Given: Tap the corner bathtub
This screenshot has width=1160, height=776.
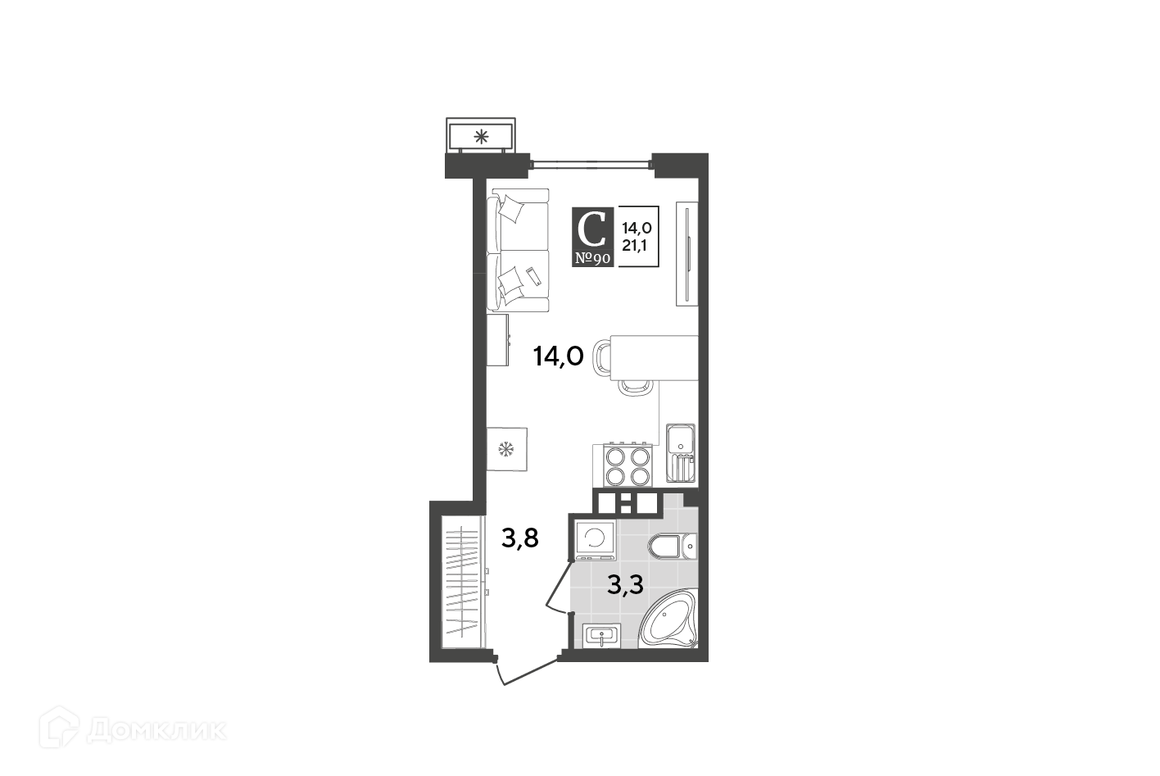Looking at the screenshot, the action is (x=668, y=619).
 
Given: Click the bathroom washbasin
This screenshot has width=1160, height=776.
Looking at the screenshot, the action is (x=601, y=636).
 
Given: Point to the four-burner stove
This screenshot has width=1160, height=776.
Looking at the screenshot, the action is (x=628, y=465).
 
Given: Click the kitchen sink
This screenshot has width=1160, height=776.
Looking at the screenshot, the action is (x=681, y=453).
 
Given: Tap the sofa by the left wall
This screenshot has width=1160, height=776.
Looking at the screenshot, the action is (x=518, y=250).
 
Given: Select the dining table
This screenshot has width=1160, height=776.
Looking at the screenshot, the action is (x=654, y=358).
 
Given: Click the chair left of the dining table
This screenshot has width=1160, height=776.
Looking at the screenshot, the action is (x=601, y=357).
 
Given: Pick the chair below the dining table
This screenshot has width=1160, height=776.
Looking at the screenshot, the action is (x=634, y=388).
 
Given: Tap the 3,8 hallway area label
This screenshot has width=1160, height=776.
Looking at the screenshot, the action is (x=520, y=538).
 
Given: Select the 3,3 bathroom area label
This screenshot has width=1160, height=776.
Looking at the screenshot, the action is (x=625, y=585).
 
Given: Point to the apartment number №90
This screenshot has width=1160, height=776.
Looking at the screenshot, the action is (x=592, y=258).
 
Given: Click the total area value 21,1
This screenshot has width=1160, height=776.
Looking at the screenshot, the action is (x=634, y=246).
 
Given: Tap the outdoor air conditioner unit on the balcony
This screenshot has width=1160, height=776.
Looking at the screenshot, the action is (x=481, y=136).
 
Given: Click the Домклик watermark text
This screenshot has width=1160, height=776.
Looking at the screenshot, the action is (x=156, y=731).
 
